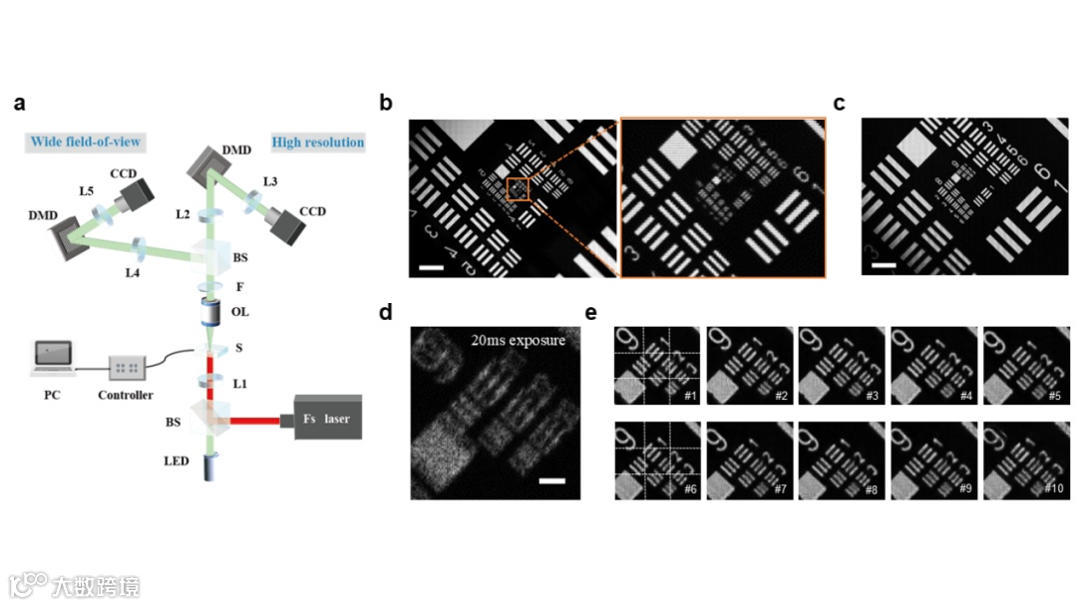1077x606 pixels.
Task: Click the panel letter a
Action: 20,104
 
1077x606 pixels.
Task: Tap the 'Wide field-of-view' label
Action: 86,143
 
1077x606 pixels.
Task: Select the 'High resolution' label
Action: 318,143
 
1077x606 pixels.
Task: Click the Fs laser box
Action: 326,419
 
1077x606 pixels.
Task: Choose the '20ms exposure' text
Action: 518,340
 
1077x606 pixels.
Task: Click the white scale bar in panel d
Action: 552,481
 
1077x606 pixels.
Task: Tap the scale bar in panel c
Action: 883,266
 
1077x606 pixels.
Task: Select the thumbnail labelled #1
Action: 657,366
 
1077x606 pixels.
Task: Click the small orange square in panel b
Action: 519,187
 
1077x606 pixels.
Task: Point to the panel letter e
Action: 592,313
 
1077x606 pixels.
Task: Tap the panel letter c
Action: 840,103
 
